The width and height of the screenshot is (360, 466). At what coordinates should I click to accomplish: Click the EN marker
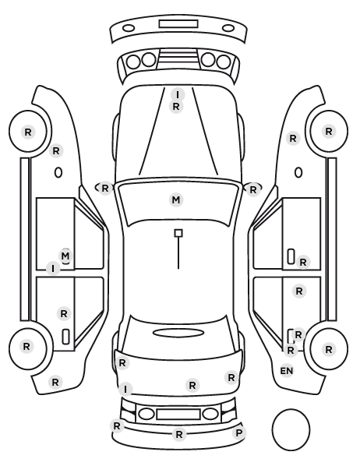coord(287,371)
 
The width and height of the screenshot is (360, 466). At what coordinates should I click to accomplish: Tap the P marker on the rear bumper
coord(238,433)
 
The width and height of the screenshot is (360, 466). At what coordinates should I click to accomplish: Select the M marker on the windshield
coord(176,199)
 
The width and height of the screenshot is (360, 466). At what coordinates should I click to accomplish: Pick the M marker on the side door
coord(65,256)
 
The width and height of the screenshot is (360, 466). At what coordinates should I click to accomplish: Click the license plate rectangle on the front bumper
coord(178,24)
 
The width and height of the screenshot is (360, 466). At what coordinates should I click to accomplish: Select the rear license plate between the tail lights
coord(178,415)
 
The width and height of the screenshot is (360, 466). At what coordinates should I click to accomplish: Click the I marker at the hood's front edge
coord(178,94)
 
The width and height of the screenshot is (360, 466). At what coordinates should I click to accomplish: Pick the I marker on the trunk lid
coord(125,389)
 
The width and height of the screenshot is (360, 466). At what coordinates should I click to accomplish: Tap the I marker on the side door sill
coord(53,269)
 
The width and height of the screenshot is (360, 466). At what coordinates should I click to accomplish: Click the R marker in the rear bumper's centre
coord(179,435)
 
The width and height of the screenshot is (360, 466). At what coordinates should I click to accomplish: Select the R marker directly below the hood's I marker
coord(176,106)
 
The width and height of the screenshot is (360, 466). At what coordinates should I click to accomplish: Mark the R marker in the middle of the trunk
coord(192,385)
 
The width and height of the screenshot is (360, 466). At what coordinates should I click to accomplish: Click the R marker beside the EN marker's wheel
coord(329,349)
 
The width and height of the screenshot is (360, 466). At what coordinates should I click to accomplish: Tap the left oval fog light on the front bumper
coord(129,29)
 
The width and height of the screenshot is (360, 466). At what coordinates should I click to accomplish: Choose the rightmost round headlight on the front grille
coord(224,62)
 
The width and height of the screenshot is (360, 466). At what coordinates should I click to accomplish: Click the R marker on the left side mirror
coord(105,188)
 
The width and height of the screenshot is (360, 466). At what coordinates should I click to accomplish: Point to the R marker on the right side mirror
coord(252,189)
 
